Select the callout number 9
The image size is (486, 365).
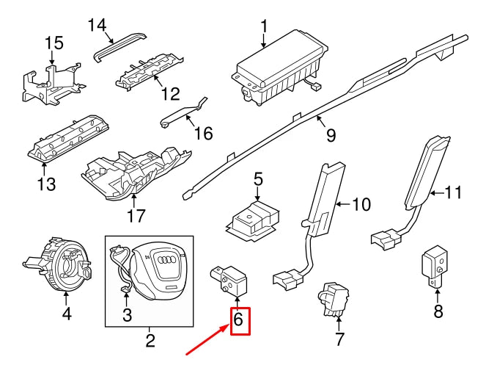(x=330, y=135)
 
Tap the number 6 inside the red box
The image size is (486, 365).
(x=238, y=320)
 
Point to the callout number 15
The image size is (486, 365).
(x=55, y=44)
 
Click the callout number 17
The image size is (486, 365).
(x=136, y=216)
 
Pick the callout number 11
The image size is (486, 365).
(x=454, y=193)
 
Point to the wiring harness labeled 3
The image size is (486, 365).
(x=121, y=272)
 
